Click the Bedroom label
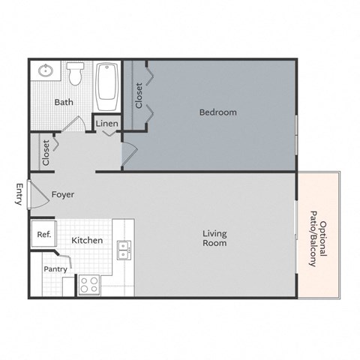click(x=217, y=112)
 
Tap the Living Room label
click(x=214, y=238)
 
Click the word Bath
click(x=62, y=103)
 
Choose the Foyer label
click(x=63, y=194)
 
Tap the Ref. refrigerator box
click(x=44, y=235)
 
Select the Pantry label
click(x=55, y=268)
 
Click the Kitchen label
click(x=87, y=241)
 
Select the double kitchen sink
click(x=124, y=250)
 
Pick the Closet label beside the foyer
click(x=46, y=153)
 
